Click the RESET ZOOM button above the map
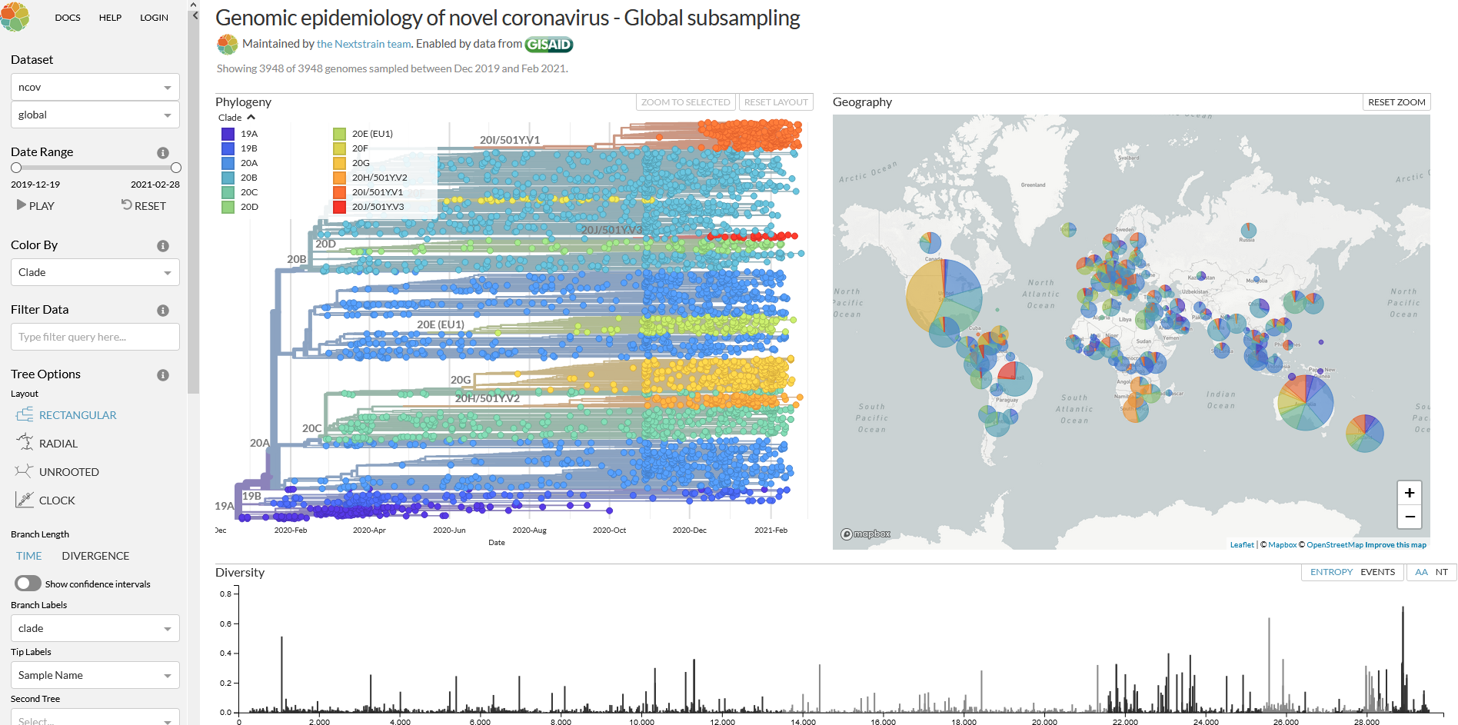[x=1396, y=102]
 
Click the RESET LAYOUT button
[x=775, y=102]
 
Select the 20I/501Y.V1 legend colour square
[x=339, y=192]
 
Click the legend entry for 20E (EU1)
[x=372, y=134]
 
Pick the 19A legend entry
[x=248, y=134]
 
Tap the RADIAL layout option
[x=58, y=444]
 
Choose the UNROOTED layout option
[x=68, y=472]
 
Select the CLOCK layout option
[x=57, y=501]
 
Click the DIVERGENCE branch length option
[x=95, y=556]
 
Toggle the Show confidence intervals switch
[x=28, y=584]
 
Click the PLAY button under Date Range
[x=35, y=206]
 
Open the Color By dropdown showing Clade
[x=95, y=272]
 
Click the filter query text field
[x=95, y=337]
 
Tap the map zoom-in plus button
[x=1409, y=493]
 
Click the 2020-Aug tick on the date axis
[x=529, y=530]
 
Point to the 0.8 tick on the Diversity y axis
[x=225, y=594]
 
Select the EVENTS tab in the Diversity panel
[x=1377, y=572]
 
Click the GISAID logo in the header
[x=548, y=45]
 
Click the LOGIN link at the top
[x=154, y=18]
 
